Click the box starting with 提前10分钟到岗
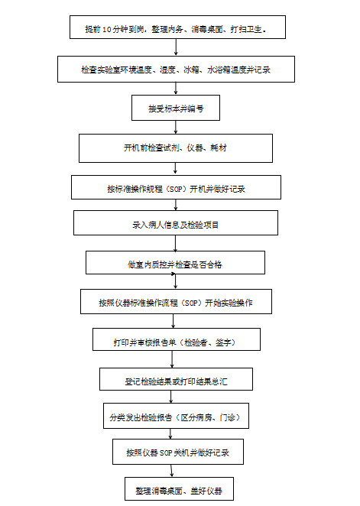(x=177, y=27)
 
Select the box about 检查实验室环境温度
(x=176, y=69)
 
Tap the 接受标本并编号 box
(x=176, y=108)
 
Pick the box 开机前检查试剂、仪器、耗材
(x=176, y=148)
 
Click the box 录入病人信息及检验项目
(x=176, y=222)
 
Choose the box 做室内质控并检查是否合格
(x=175, y=263)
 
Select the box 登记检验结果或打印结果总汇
(x=176, y=379)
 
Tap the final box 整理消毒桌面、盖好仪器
(x=179, y=489)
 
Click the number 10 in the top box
(x=107, y=30)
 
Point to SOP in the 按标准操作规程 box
(x=176, y=189)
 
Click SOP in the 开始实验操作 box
(x=192, y=303)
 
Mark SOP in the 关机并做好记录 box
(x=166, y=453)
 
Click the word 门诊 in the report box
(x=228, y=417)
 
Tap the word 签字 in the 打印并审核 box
(x=223, y=342)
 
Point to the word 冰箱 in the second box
(x=191, y=70)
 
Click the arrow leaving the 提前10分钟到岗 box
(x=176, y=47)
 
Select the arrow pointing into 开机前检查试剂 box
(x=176, y=127)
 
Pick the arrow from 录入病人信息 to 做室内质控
(x=176, y=243)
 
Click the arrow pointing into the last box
(x=171, y=471)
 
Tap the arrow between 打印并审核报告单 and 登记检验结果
(x=172, y=359)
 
